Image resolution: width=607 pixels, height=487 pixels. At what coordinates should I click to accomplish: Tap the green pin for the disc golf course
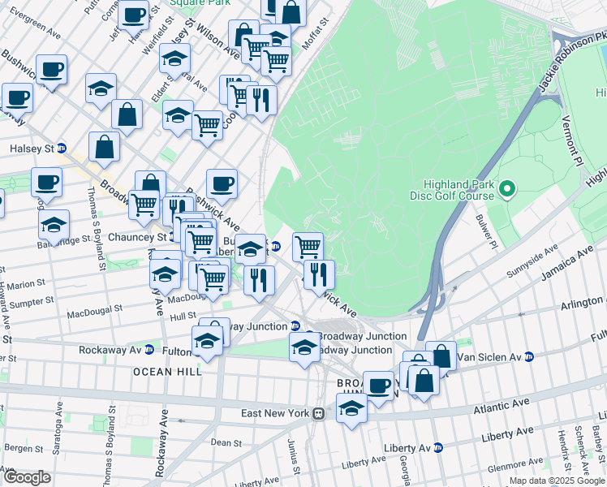coord(508,191)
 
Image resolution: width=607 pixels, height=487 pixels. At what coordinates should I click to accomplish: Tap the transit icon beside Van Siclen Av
coord(529,356)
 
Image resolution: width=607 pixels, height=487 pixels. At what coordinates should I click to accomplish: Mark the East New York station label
coord(276,413)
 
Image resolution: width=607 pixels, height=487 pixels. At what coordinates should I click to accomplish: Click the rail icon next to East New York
coord(320,413)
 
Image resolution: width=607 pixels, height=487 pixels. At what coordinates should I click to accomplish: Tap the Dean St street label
coord(222,442)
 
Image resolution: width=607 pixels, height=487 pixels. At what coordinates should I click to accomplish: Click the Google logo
coord(27,477)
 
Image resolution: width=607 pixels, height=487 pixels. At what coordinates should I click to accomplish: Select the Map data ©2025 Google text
coord(557,481)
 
